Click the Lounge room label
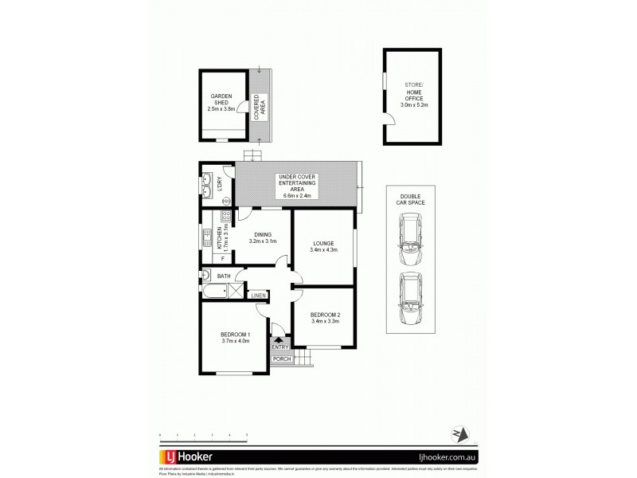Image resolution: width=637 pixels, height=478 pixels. click(323, 243)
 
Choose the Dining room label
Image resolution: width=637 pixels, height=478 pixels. click(263, 233)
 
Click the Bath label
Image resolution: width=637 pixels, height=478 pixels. click(224, 276)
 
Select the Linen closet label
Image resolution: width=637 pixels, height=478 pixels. click(258, 296)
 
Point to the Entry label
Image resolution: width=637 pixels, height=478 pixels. click(280, 347)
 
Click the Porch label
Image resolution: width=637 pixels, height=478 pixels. click(281, 359)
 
